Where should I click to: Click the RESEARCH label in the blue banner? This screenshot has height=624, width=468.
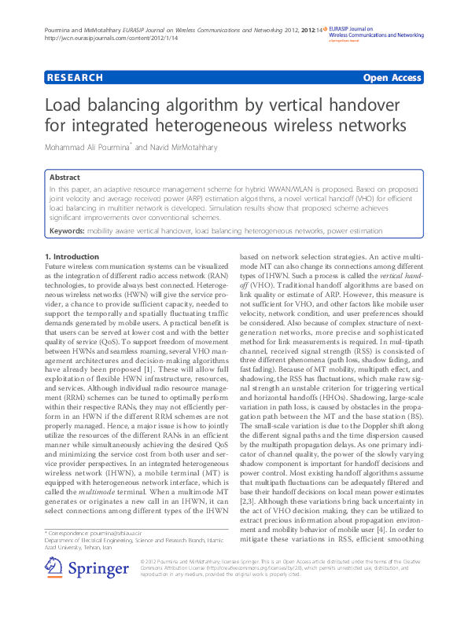click(x=75, y=78)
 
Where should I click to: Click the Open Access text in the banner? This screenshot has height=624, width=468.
click(x=392, y=78)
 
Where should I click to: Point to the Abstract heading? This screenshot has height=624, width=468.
click(x=64, y=178)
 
